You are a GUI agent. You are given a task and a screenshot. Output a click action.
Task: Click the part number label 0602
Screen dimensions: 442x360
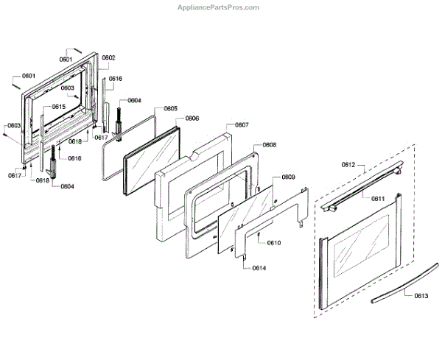(109, 57)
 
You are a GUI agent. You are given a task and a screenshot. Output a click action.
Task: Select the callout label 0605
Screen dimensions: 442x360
(170, 109)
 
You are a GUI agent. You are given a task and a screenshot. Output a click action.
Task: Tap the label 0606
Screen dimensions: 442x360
(192, 118)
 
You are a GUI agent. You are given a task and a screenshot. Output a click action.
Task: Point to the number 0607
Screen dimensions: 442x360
(242, 125)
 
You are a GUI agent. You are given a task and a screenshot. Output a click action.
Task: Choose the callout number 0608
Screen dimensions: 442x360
(270, 145)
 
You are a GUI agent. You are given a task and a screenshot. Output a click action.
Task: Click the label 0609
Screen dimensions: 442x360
(289, 177)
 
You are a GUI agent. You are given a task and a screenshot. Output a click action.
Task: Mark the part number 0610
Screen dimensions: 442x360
(274, 243)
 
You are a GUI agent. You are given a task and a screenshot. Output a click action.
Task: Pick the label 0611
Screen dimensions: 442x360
(378, 199)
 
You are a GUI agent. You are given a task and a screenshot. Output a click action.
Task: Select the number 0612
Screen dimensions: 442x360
(348, 165)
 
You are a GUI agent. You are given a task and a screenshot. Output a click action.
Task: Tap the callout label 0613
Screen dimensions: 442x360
(421, 295)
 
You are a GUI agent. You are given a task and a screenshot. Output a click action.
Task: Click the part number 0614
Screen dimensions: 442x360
(259, 268)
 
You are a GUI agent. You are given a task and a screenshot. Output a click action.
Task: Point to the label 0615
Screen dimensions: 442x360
(58, 107)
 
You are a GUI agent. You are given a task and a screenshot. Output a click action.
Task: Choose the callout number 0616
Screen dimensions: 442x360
(116, 79)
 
